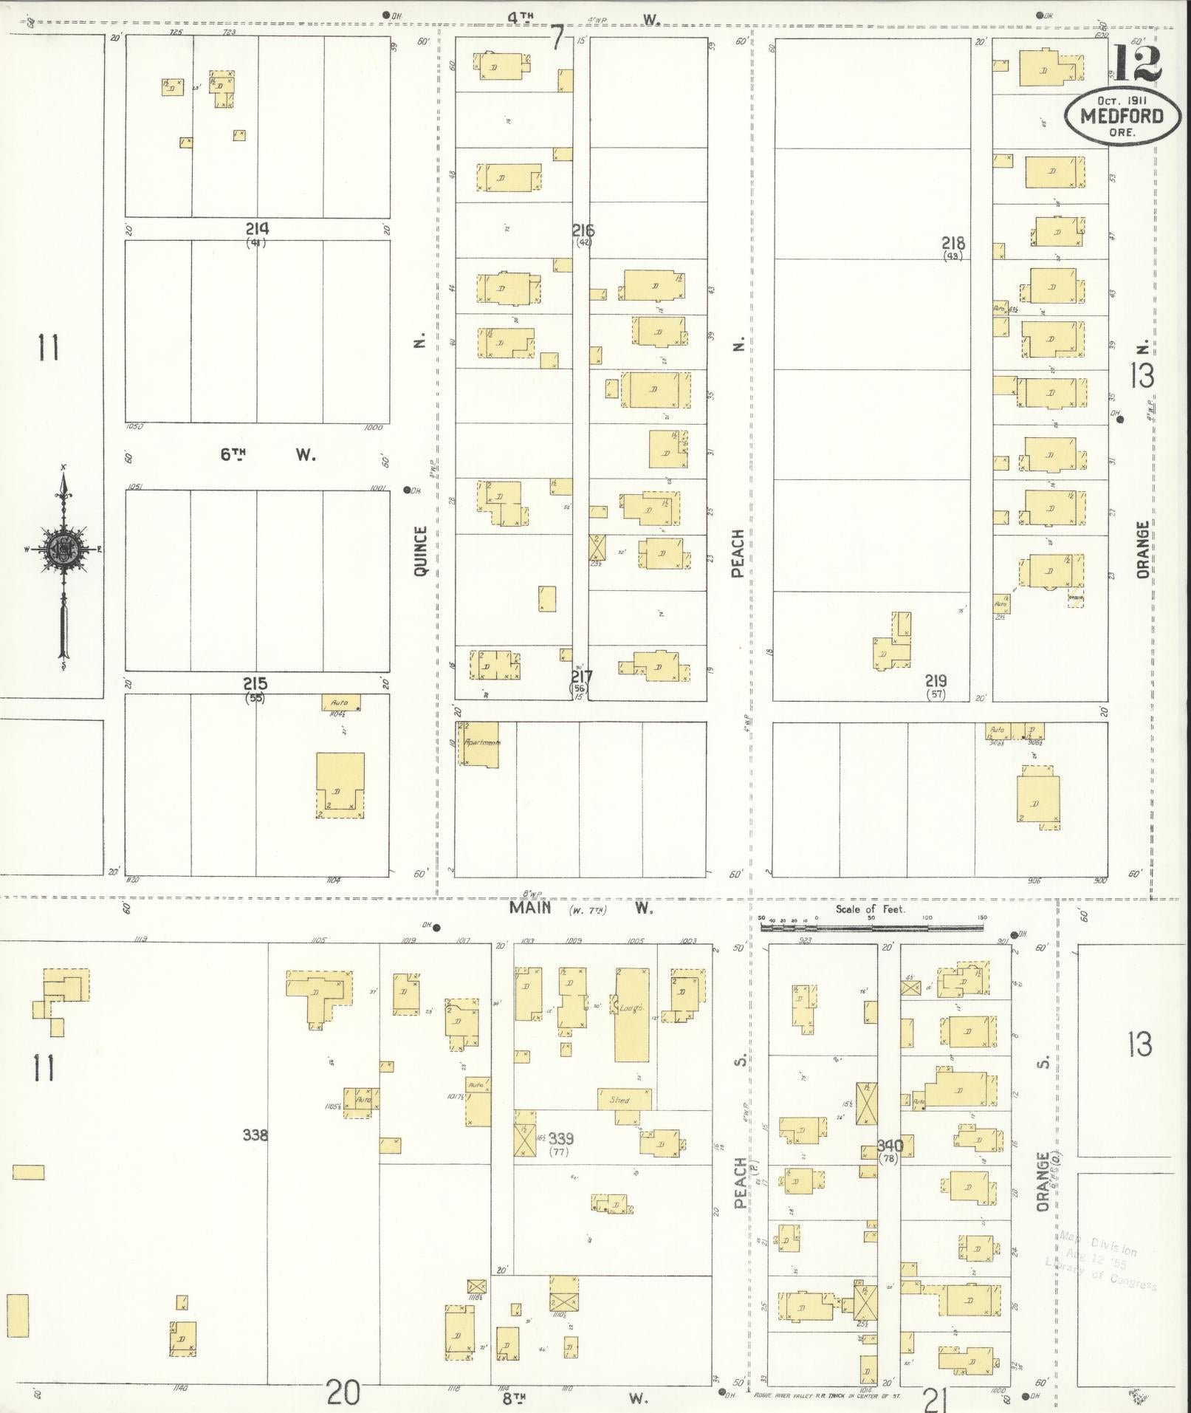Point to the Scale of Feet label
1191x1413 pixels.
[x=870, y=909]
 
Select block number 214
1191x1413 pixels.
[x=257, y=229]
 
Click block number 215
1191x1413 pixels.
[x=255, y=684]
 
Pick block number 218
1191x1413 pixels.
[x=953, y=243]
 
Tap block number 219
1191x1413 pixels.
[x=936, y=680]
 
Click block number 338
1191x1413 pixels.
[x=255, y=1135]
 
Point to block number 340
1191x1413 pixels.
[x=889, y=1147]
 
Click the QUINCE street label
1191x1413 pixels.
[x=421, y=550]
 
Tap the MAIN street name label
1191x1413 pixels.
[x=530, y=908]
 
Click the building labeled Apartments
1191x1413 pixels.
[x=481, y=745]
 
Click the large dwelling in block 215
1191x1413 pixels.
[x=340, y=784]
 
